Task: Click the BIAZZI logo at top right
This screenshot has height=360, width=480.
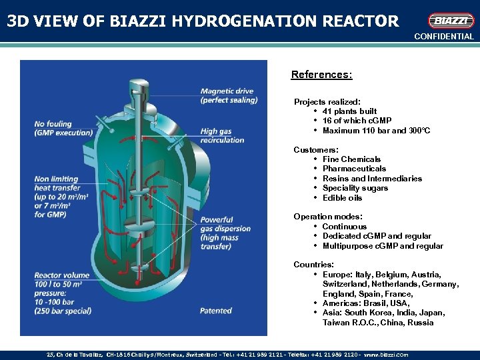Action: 451,21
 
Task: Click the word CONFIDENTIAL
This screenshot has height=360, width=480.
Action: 443,37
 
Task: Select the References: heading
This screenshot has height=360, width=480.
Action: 322,75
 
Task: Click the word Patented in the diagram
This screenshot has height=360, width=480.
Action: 216,311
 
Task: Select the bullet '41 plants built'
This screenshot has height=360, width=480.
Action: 349,111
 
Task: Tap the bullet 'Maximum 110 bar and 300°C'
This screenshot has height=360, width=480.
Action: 376,131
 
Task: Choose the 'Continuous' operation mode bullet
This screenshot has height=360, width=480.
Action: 344,227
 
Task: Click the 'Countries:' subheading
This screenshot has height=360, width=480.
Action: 313,265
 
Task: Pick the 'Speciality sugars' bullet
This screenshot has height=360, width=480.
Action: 355,188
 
